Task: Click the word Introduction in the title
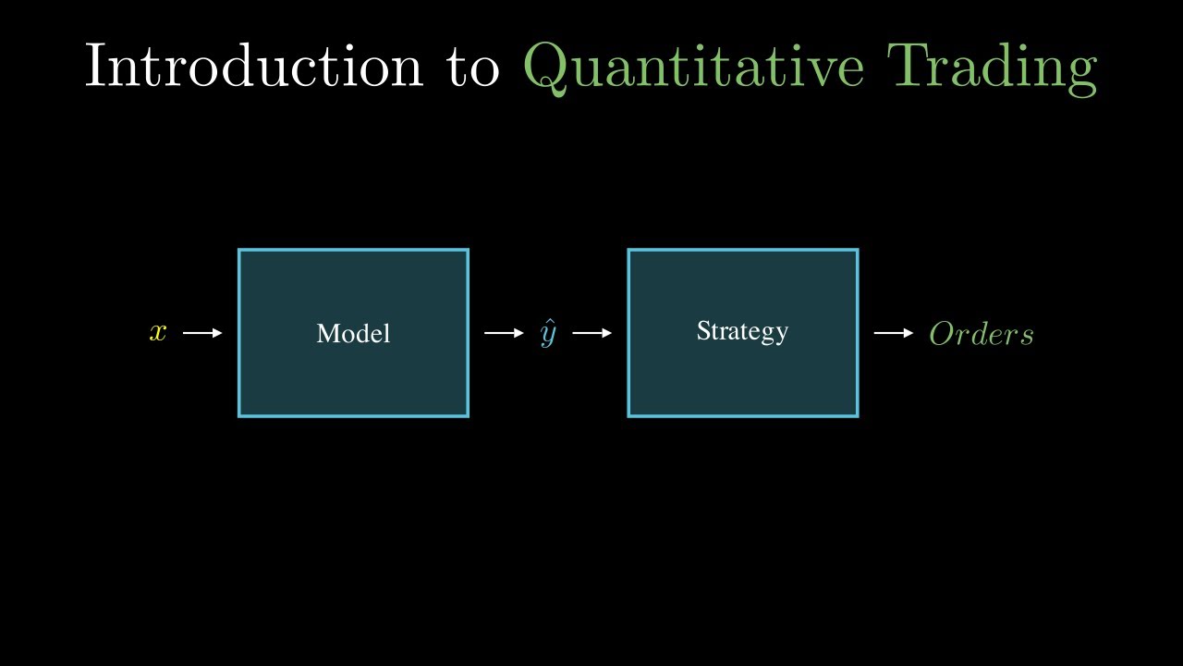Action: pos(253,67)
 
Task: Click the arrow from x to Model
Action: pos(202,333)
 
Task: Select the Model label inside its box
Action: pos(353,334)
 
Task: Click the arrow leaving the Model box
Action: pos(504,333)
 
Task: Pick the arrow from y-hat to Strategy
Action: pos(592,333)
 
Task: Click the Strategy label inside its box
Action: pos(742,331)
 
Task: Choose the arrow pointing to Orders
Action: pos(894,333)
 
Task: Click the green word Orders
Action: pos(982,334)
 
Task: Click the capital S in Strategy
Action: pos(702,330)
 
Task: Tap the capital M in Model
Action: pos(327,334)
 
